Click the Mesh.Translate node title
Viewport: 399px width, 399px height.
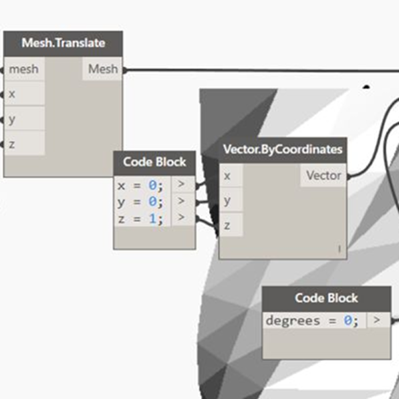(63, 44)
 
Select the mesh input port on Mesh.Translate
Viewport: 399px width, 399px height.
(24, 69)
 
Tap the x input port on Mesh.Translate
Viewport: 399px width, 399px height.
(24, 94)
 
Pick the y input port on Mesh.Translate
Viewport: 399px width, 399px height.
(24, 118)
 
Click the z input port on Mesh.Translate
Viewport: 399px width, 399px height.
(24, 143)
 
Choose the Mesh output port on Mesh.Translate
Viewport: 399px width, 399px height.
(102, 69)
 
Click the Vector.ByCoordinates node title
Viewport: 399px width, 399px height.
(283, 150)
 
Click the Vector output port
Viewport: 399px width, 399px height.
(323, 176)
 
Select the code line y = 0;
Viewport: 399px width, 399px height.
(140, 201)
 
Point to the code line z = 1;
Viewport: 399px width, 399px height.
(140, 218)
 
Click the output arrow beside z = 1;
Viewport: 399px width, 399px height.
(182, 217)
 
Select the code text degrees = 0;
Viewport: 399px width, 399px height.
(312, 321)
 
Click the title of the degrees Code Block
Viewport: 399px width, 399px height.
(326, 298)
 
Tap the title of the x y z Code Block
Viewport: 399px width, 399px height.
(154, 162)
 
